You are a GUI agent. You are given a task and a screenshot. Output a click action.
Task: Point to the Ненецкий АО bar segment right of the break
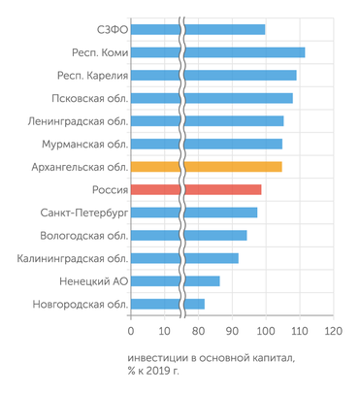pos(202,281)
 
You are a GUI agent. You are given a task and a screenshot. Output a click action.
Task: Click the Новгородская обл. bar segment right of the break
pos(194,304)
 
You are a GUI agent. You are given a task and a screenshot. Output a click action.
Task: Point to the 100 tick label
pos(265,330)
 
